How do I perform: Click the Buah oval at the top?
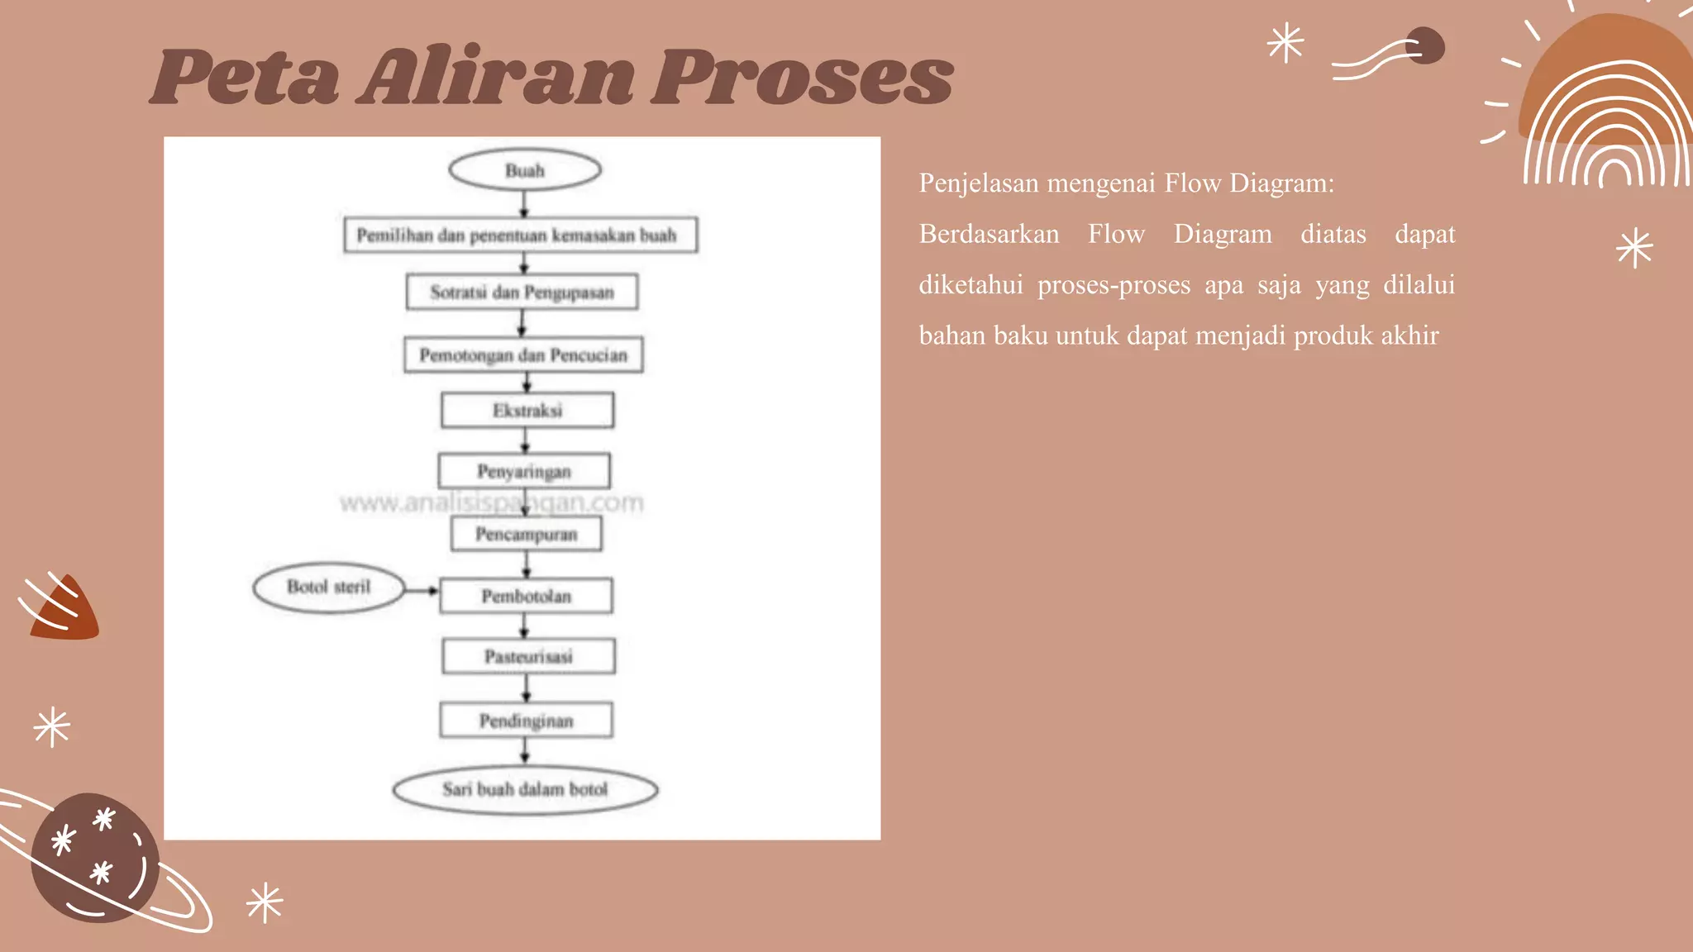[525, 170]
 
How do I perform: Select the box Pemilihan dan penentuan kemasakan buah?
[521, 235]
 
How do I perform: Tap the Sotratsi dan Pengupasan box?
[522, 292]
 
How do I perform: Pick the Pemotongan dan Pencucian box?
[523, 355]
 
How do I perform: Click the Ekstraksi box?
[527, 410]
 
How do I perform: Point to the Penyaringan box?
[524, 471]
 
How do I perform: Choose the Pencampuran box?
[527, 534]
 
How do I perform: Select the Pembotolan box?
[527, 596]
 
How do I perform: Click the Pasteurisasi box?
[529, 656]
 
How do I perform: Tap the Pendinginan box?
[527, 721]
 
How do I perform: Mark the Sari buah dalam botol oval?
[526, 789]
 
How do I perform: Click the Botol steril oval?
[329, 588]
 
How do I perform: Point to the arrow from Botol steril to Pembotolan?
[422, 591]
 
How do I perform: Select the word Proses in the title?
[803, 77]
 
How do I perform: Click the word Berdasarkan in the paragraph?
[989, 234]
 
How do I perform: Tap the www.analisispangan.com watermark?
[492, 502]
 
